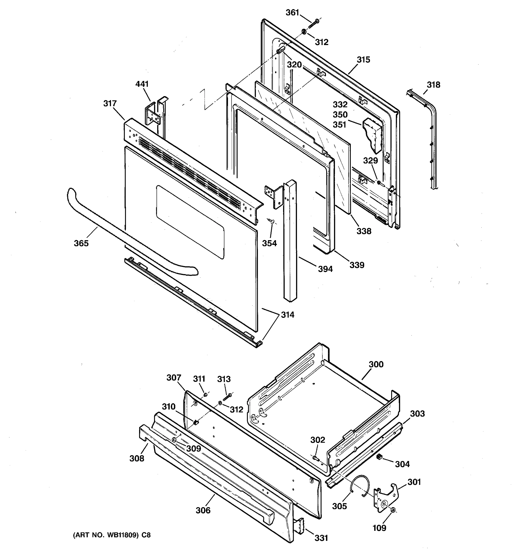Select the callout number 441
pyautogui.click(x=142, y=84)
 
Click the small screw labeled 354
pyautogui.click(x=271, y=221)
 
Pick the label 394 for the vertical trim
pyautogui.click(x=325, y=269)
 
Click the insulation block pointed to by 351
pyautogui.click(x=374, y=135)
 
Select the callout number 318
pyautogui.click(x=434, y=85)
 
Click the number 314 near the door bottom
pyautogui.click(x=287, y=315)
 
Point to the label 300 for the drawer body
pyautogui.click(x=376, y=364)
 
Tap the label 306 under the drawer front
pyautogui.click(x=203, y=510)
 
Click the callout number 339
pyautogui.click(x=357, y=265)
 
